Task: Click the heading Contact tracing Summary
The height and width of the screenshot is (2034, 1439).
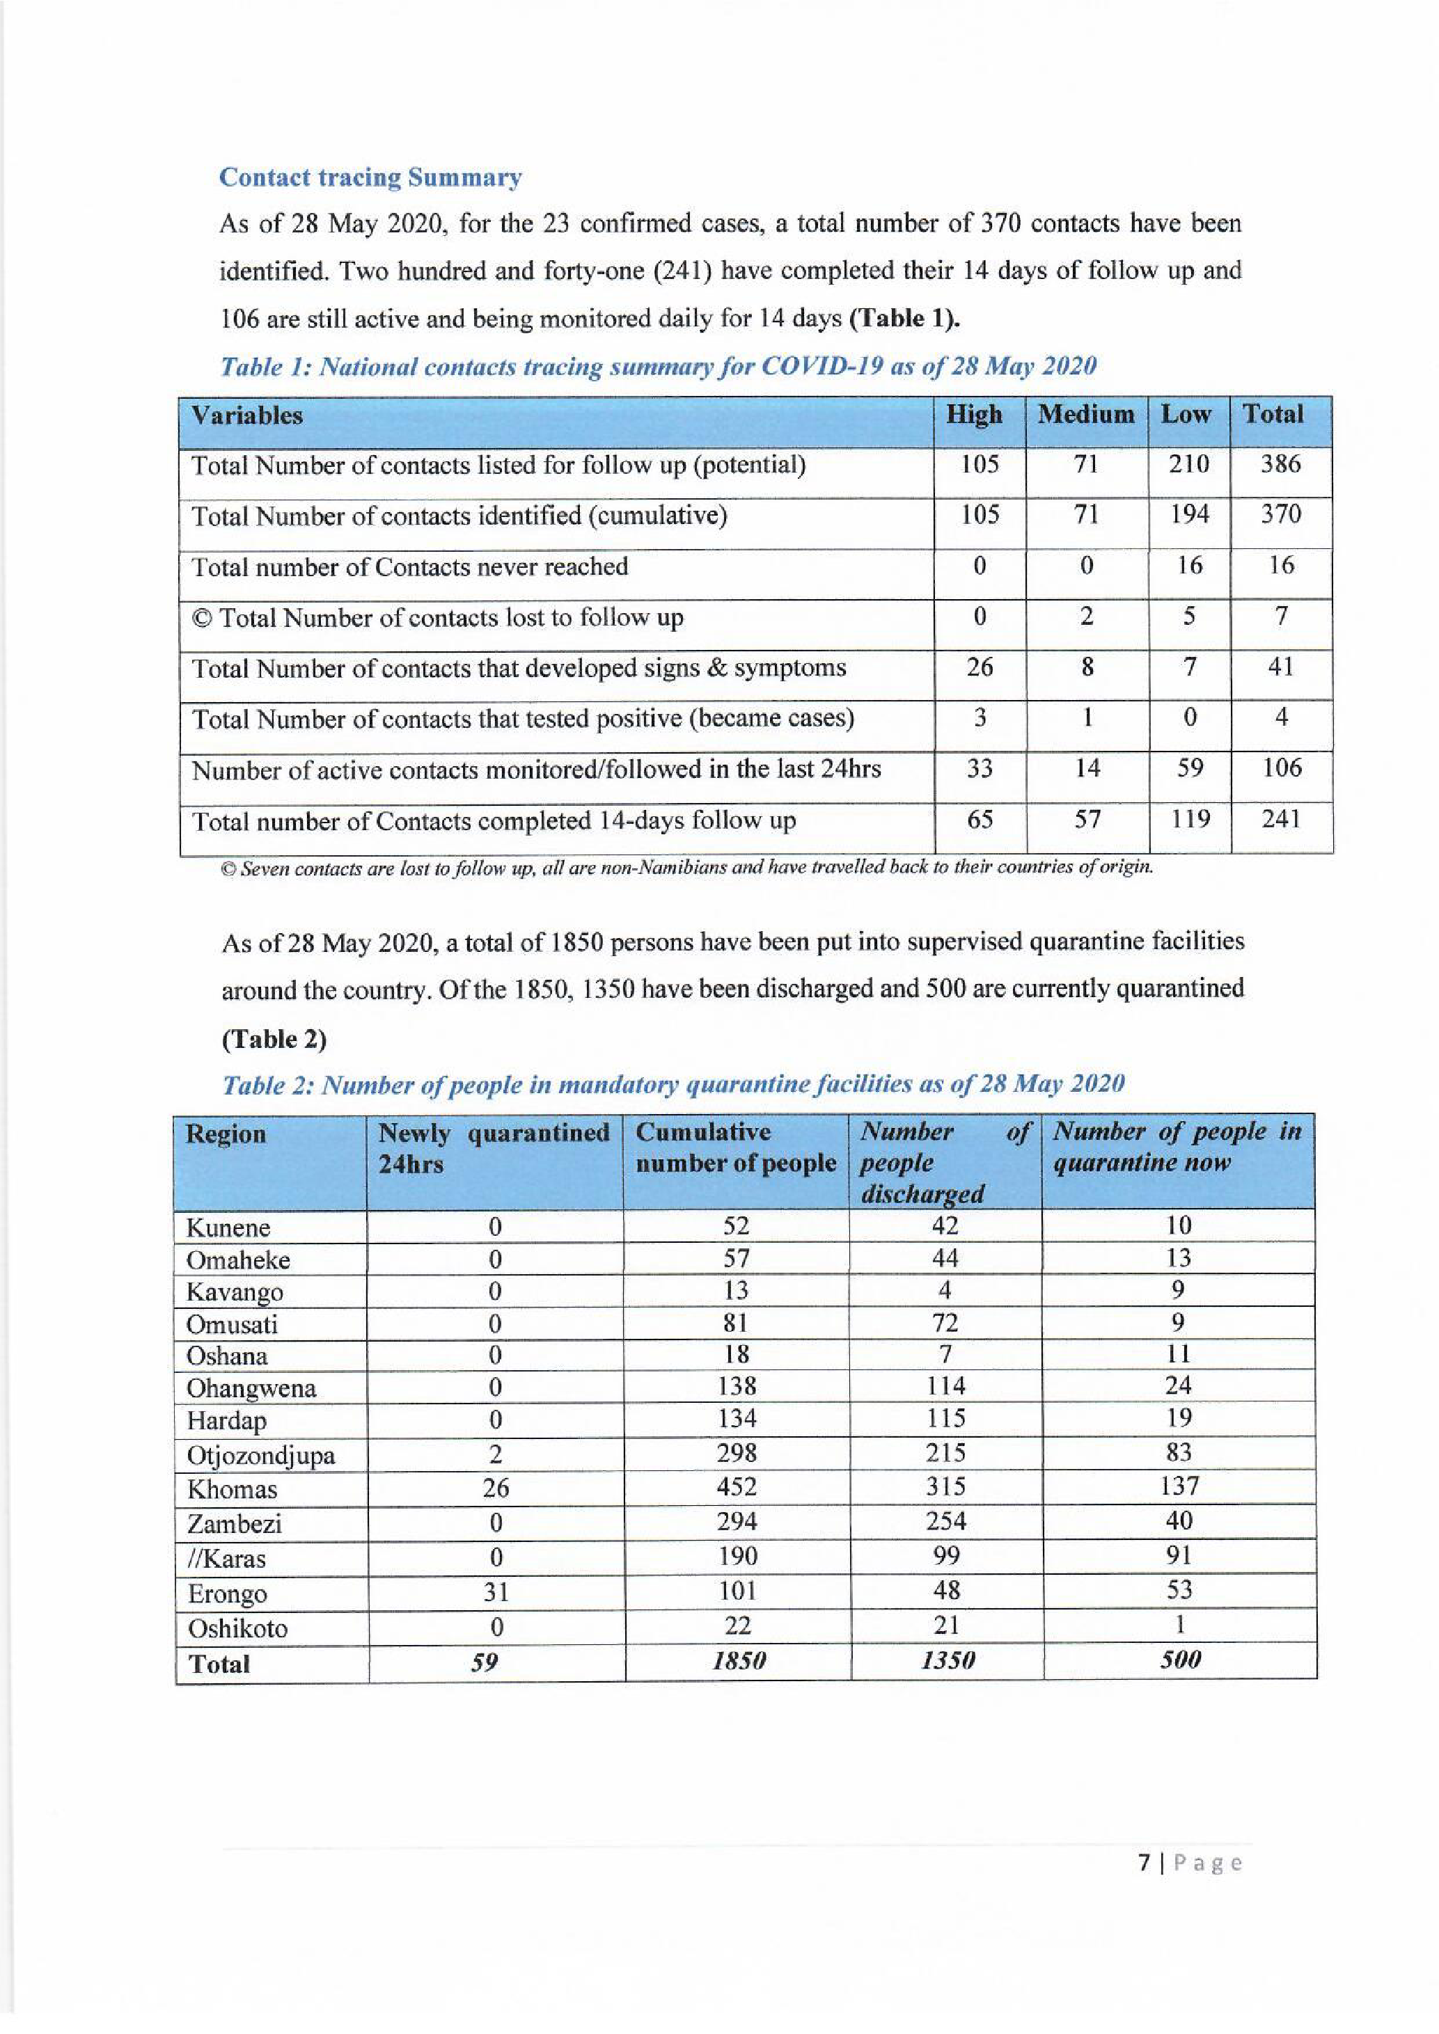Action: tap(370, 178)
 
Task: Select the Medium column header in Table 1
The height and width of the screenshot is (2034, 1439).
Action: tap(1085, 415)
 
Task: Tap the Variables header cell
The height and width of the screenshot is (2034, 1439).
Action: tap(247, 415)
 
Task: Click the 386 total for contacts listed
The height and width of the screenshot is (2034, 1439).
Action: tap(1280, 463)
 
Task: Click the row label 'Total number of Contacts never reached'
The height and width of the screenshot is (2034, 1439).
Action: tap(409, 566)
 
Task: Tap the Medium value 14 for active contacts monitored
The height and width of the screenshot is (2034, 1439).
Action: tap(1087, 768)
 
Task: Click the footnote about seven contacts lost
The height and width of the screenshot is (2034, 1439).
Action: tap(686, 867)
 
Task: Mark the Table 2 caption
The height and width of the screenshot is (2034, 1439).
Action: tap(673, 1083)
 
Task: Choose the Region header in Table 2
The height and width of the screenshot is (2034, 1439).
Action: tap(226, 1134)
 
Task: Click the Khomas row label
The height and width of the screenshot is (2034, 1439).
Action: tap(232, 1489)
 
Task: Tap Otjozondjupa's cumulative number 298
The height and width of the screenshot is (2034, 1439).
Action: tap(737, 1453)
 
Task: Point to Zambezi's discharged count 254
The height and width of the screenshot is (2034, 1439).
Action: tap(945, 1522)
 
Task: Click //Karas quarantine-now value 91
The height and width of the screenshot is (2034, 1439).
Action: tap(1179, 1556)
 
